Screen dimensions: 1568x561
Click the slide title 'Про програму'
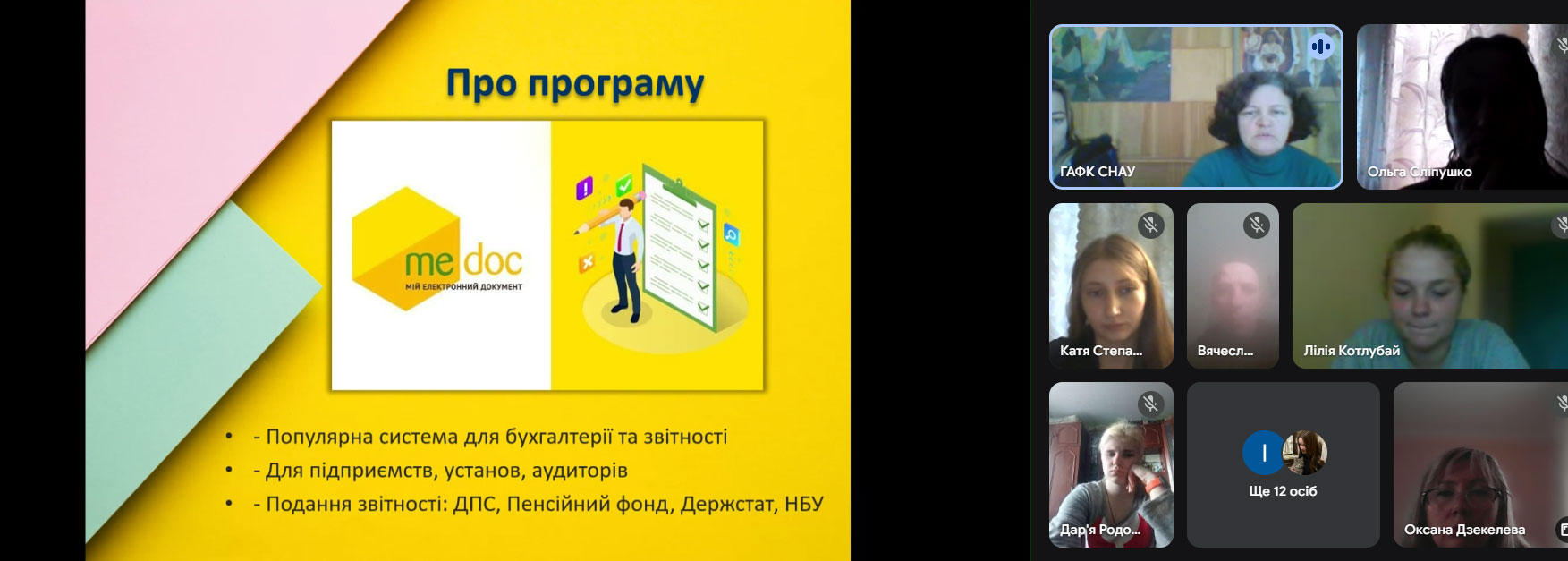click(575, 85)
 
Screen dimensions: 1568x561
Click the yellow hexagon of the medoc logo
click(406, 249)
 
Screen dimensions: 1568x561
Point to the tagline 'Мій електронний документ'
click(463, 286)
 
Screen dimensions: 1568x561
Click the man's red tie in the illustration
click(619, 236)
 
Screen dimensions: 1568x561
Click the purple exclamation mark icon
click(584, 188)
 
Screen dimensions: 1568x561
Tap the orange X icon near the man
click(587, 263)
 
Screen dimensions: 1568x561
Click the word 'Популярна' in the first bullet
click(319, 438)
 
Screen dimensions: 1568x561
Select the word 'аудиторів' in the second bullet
click(580, 471)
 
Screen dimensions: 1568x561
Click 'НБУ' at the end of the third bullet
click(803, 504)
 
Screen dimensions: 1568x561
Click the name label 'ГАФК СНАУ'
click(1098, 172)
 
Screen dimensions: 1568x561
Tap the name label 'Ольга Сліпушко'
click(1420, 172)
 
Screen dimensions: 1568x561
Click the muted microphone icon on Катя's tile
click(1150, 225)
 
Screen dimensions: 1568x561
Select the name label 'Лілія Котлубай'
click(1352, 351)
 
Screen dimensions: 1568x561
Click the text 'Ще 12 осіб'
click(1283, 491)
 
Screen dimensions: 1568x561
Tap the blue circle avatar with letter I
click(1264, 454)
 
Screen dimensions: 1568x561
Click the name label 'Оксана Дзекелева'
click(1464, 530)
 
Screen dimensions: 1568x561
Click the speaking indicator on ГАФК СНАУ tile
click(1321, 47)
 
